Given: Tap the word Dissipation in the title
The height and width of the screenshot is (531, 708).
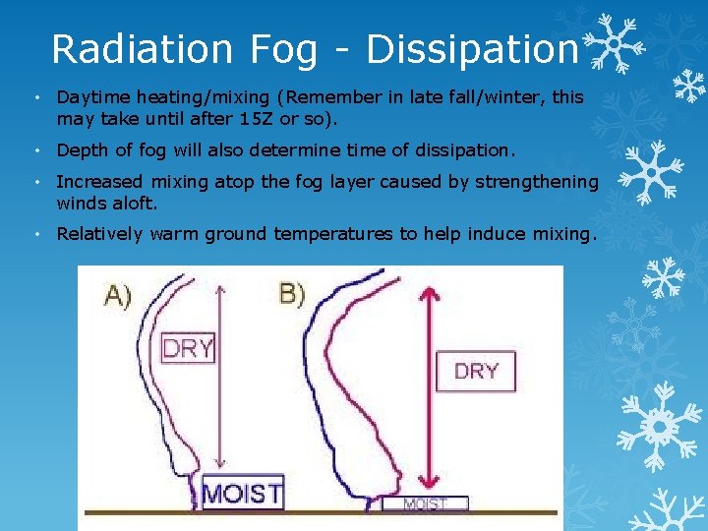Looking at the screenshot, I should click(x=471, y=48).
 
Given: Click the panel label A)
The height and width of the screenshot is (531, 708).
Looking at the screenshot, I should click(x=118, y=296).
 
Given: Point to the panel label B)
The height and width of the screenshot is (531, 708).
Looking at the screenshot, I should click(x=292, y=294).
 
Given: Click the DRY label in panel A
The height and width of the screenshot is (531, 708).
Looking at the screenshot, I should click(x=188, y=348).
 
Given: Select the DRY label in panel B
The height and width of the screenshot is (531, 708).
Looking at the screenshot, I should click(x=476, y=371).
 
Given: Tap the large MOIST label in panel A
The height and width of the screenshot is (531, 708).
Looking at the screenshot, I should click(x=242, y=492).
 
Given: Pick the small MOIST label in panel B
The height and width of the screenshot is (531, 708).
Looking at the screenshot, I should click(x=427, y=504).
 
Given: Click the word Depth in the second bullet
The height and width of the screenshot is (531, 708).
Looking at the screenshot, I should click(x=82, y=150).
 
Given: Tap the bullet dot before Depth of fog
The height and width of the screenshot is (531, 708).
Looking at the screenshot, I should click(x=35, y=150).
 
